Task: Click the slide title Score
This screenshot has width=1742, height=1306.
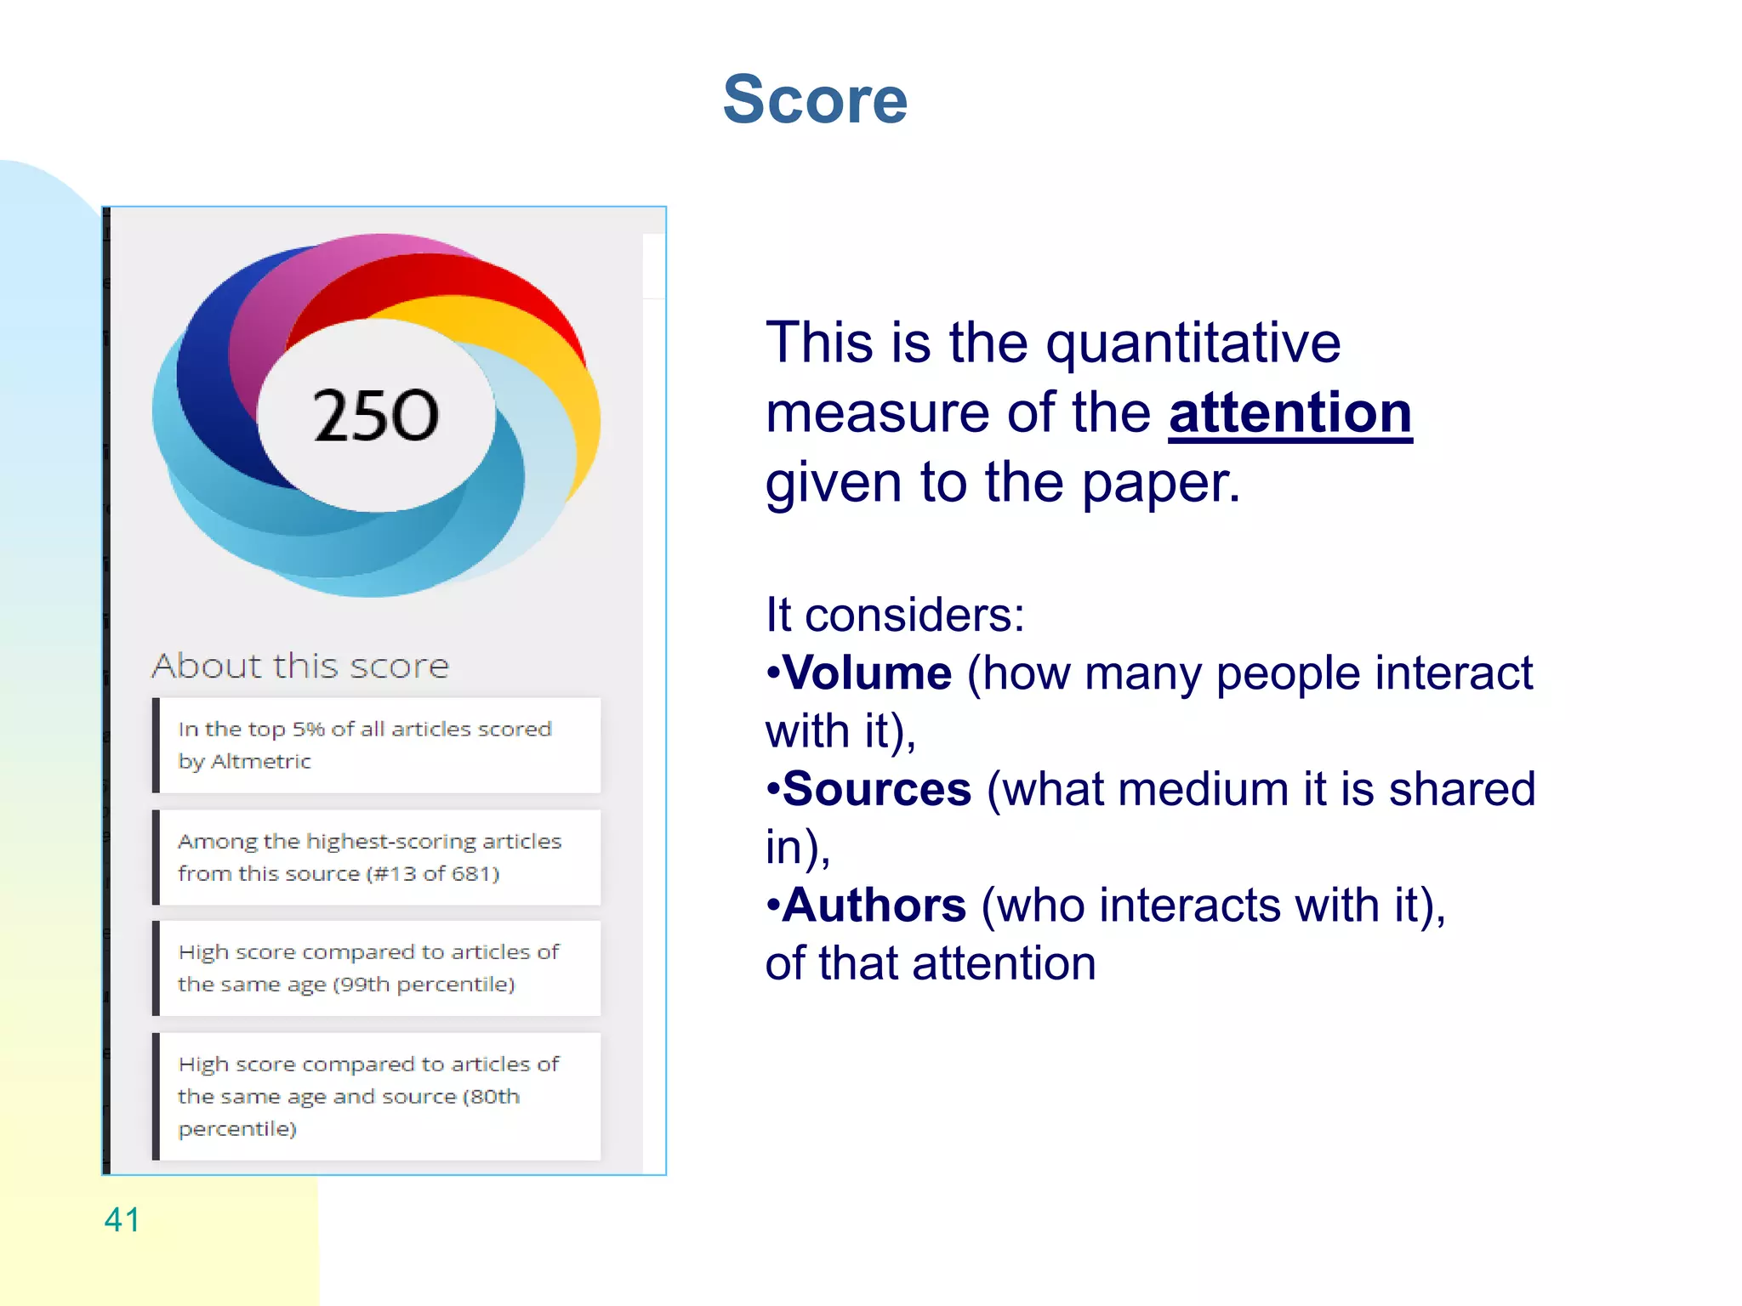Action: [815, 99]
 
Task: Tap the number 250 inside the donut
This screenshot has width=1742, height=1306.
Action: [376, 415]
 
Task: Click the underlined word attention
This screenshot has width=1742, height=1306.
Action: [1289, 413]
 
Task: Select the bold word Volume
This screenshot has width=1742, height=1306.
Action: [867, 673]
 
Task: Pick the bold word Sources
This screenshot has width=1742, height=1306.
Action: [876, 789]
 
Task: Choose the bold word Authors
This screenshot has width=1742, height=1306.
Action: [874, 905]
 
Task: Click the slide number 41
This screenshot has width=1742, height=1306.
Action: [122, 1219]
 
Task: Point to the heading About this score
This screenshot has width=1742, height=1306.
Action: [300, 666]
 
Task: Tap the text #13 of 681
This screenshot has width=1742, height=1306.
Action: [432, 874]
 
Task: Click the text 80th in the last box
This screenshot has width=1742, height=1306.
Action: [494, 1097]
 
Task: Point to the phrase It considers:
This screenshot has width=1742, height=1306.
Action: [894, 615]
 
